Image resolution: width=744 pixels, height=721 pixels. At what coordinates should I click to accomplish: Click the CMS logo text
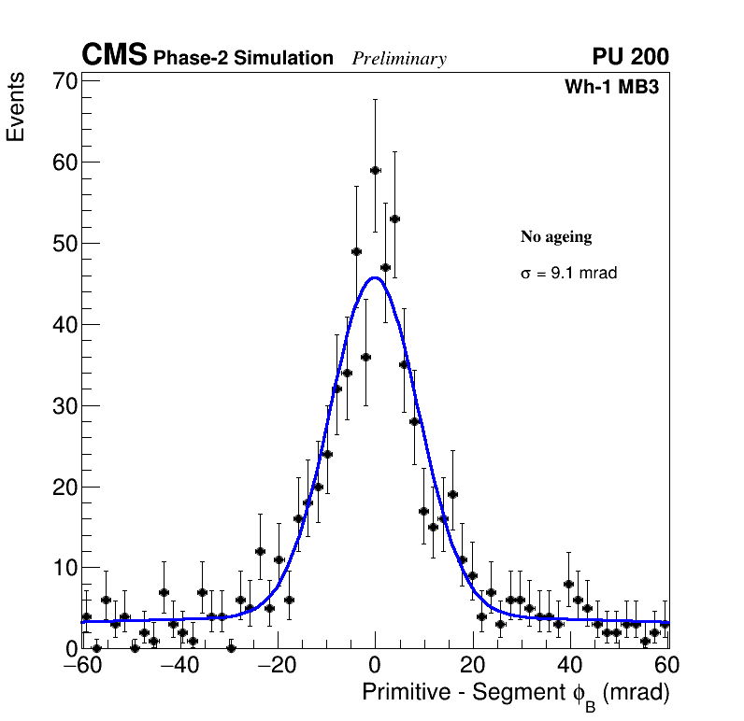[x=114, y=56]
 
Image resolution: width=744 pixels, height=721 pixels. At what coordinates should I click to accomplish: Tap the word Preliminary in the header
[x=399, y=59]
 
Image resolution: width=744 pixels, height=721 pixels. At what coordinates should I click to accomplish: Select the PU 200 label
[x=630, y=57]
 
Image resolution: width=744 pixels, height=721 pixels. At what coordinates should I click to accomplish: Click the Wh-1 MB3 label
[x=612, y=88]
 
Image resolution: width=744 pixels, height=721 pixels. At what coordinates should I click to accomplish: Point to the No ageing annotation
[x=556, y=237]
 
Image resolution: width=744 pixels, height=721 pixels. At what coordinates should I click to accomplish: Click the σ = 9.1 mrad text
[x=568, y=274]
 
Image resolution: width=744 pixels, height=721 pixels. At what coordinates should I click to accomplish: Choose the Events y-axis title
[x=16, y=107]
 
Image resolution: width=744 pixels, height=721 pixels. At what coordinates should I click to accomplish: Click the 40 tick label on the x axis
[x=570, y=665]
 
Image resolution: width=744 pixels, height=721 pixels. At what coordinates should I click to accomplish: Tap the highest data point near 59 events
[x=375, y=170]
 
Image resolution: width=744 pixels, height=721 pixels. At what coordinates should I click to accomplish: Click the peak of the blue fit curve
[x=375, y=277]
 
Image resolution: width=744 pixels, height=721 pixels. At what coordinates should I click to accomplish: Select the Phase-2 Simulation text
[x=243, y=59]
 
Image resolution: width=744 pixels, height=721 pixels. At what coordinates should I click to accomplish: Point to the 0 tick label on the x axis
[x=375, y=665]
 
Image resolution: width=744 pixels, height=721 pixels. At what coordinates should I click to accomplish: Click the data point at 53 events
[x=394, y=219]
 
